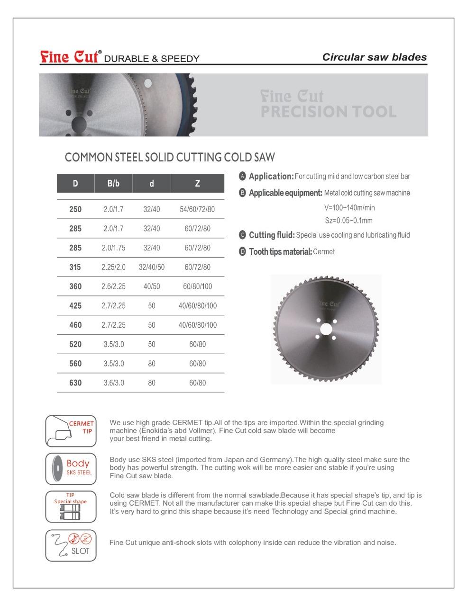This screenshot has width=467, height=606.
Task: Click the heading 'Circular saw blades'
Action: coord(374,57)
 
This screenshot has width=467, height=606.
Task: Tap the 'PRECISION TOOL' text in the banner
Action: coord(328,112)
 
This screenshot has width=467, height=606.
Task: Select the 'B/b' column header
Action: coord(113,183)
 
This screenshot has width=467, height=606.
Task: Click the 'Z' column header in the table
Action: coord(197,183)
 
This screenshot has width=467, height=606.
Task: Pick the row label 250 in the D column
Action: coord(75,209)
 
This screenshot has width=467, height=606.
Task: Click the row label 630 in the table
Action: coord(75,383)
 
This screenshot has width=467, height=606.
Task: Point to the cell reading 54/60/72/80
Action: coord(197,209)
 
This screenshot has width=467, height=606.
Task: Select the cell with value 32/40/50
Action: coord(151,267)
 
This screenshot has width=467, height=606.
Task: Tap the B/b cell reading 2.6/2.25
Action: coord(113,286)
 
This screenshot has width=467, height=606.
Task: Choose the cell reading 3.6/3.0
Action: coord(113,383)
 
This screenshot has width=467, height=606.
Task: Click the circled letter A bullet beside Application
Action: coord(242,176)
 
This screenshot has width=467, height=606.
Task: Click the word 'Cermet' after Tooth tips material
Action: coord(324,252)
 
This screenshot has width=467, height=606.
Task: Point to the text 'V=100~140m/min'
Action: coord(349,208)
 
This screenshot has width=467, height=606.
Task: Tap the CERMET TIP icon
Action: coord(71,430)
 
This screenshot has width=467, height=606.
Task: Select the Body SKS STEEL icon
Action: coord(71,468)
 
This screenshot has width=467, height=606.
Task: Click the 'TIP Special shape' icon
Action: coord(71,506)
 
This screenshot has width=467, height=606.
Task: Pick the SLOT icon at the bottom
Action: coord(71,545)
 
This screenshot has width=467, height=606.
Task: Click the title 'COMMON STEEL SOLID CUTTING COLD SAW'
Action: coord(170,157)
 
